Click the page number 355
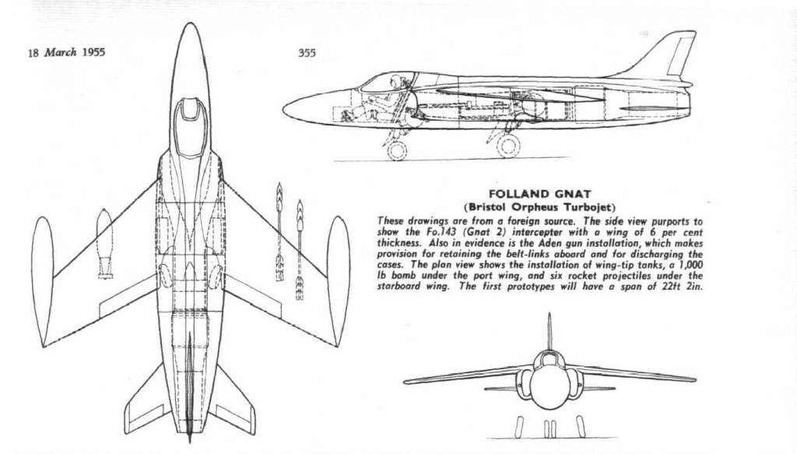(307, 52)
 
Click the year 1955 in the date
(93, 52)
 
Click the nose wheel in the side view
(396, 151)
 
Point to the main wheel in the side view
(507, 146)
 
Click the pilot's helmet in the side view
(395, 80)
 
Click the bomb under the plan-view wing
(105, 243)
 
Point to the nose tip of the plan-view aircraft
(190, 23)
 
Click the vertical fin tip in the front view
(549, 314)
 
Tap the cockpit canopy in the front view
(549, 360)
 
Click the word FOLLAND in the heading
(512, 194)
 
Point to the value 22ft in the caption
(675, 286)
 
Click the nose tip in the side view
(283, 108)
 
